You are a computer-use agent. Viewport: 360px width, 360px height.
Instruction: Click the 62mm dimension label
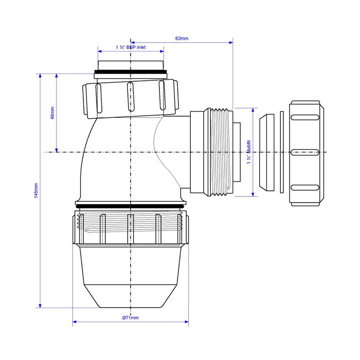click(x=182, y=38)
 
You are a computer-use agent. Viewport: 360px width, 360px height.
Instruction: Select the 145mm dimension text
click(x=36, y=192)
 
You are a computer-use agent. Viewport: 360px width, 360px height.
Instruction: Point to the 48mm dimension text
click(x=51, y=113)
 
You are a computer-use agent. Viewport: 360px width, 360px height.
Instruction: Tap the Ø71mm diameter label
click(x=131, y=318)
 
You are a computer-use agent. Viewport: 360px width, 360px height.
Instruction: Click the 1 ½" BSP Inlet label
click(x=131, y=47)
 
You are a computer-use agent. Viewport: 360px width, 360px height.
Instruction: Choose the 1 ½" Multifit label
click(x=248, y=152)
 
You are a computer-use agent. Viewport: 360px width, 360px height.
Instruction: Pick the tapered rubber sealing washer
click(x=266, y=153)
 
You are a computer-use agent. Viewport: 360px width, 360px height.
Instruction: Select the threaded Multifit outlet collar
click(x=219, y=152)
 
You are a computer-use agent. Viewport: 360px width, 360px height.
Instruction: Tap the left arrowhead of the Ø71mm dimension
click(x=74, y=323)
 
